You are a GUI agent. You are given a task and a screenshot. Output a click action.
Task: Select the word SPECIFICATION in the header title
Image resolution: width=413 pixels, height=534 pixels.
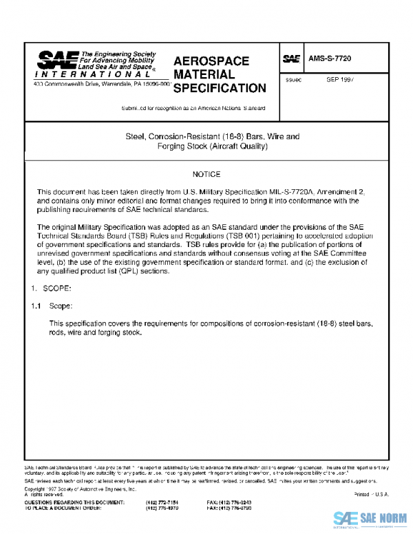[x=219, y=88]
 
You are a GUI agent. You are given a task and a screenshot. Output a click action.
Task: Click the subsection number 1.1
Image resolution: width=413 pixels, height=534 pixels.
[x=36, y=305]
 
